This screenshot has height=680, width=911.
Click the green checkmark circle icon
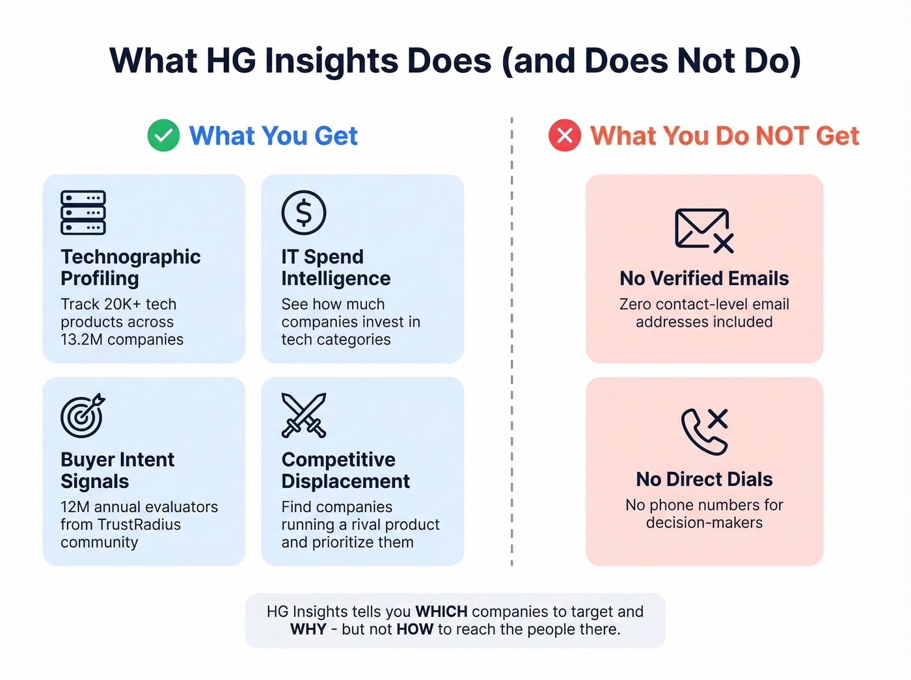tap(163, 135)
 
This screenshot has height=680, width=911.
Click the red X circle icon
tap(565, 135)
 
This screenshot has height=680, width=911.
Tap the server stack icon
tap(83, 213)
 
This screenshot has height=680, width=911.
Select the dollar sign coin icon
tap(304, 213)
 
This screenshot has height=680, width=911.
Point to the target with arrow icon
tap(83, 415)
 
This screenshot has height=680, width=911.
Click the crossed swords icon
tap(304, 415)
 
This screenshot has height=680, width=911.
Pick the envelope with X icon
tap(704, 230)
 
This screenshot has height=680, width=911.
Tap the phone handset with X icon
tap(704, 431)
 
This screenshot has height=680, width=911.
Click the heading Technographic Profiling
tap(131, 267)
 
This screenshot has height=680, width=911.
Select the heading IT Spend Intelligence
tap(336, 267)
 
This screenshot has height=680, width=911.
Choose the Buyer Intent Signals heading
tap(118, 470)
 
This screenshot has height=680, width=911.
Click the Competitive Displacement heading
tap(346, 470)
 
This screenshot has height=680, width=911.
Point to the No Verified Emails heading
tap(704, 279)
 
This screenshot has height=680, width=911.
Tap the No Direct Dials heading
tap(704, 480)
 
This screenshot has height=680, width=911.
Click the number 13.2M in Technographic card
tap(81, 340)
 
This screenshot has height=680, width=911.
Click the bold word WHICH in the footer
tap(441, 612)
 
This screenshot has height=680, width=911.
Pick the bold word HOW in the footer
tap(415, 629)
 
